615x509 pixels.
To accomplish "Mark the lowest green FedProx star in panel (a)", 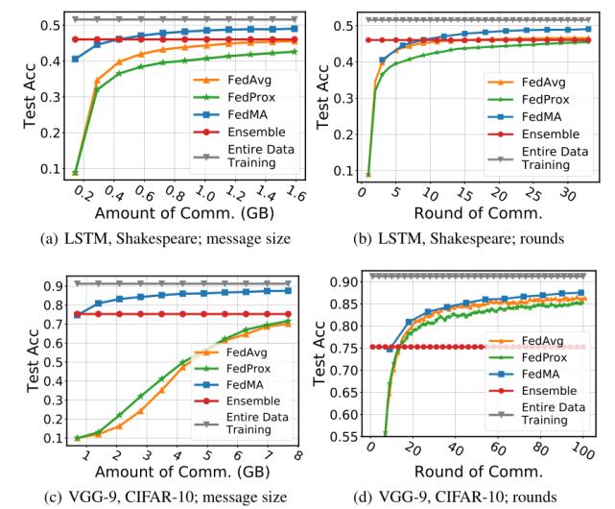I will [76, 172].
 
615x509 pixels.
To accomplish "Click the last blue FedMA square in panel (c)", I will [287, 291].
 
